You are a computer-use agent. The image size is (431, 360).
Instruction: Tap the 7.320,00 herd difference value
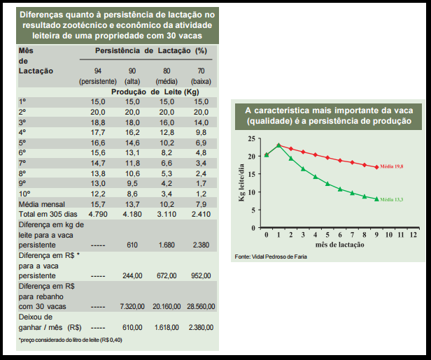[132, 305]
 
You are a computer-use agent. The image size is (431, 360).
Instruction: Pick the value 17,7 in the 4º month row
[97, 131]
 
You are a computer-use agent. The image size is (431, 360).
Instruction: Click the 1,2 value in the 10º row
[202, 193]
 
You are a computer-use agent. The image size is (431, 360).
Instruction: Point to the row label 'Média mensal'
[42, 203]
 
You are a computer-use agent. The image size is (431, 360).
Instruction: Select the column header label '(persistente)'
[97, 82]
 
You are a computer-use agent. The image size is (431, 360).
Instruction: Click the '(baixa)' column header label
[200, 82]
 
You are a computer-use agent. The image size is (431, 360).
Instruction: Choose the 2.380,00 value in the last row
[199, 326]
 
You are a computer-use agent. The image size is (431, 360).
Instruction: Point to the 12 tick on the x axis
[414, 234]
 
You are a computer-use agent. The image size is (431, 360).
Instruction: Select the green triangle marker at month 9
[376, 199]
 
